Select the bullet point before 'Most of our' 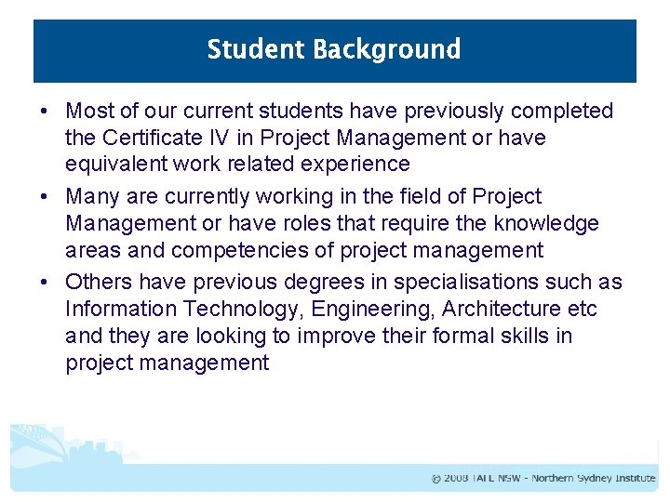tap(45, 112)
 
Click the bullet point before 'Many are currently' tap(45, 197)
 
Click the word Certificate tap(147, 138)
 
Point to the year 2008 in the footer tap(456, 479)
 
